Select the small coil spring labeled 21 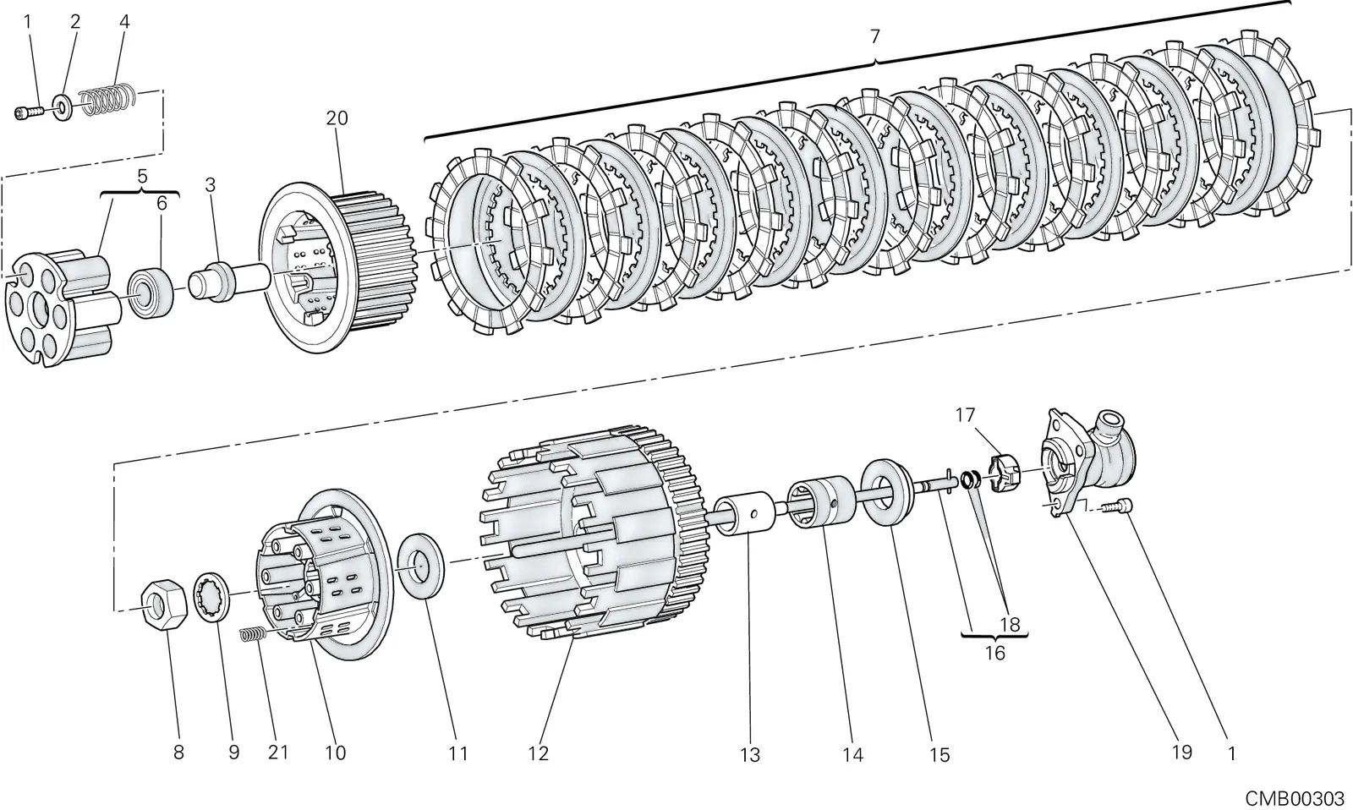click(254, 634)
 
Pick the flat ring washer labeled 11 click(420, 566)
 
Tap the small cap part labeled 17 click(1004, 473)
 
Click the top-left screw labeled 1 click(28, 112)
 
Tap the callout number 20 click(337, 118)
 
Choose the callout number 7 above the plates click(874, 36)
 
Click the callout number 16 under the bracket click(994, 653)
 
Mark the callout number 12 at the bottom click(538, 753)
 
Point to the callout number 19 click(1182, 752)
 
